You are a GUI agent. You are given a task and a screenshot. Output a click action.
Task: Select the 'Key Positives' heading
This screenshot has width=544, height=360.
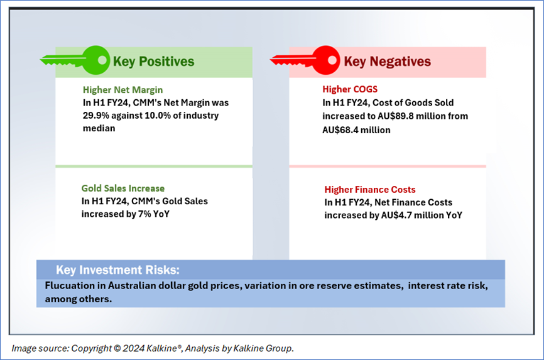coord(154,62)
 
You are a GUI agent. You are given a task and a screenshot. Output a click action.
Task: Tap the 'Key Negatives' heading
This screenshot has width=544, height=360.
coord(387,62)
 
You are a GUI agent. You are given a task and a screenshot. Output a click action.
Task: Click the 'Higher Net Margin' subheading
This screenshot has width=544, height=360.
coord(123,90)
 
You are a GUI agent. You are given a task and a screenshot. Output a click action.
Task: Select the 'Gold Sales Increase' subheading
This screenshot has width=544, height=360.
coord(123,188)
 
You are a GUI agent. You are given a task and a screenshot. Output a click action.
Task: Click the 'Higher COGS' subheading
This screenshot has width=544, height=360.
coord(350,89)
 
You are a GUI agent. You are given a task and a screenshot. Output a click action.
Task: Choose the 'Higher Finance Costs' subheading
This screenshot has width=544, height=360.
coord(370,190)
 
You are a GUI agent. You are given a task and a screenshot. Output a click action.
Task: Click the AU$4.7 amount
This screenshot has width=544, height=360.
coord(396,215)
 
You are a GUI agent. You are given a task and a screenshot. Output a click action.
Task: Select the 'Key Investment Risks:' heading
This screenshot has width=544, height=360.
coord(118,270)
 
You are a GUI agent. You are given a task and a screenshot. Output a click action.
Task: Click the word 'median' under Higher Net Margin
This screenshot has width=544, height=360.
coord(99,128)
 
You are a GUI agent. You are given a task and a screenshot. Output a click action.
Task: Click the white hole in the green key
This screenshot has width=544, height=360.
coord(102,60)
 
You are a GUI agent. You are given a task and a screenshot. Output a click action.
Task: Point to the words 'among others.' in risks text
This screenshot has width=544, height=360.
coord(79,299)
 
